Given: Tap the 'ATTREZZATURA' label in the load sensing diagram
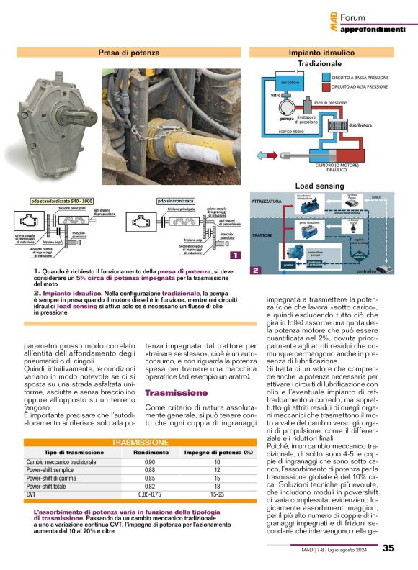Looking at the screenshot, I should click(267, 202).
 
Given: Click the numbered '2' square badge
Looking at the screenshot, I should click(255, 270).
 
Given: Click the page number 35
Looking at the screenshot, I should click(388, 548).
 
